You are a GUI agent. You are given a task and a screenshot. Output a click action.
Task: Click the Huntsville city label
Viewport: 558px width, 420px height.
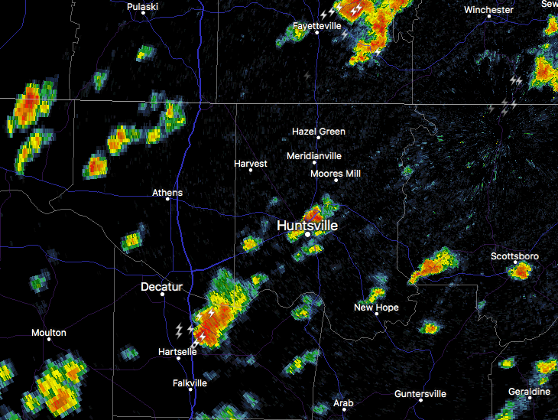307,226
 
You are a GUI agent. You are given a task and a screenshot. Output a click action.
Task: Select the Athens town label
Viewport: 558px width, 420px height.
167,193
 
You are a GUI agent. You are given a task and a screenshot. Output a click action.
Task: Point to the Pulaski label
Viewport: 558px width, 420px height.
142,7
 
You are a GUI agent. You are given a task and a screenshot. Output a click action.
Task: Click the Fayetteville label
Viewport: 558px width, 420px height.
316,25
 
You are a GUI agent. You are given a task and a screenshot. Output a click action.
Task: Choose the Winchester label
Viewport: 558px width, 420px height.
488,10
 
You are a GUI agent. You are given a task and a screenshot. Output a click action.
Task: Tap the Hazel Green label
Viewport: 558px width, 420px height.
319,132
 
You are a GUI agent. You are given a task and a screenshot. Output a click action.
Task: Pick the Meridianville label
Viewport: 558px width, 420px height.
313,155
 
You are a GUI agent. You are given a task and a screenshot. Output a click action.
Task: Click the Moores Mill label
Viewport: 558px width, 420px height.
335,174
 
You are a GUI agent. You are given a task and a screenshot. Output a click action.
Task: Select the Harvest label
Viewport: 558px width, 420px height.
251,164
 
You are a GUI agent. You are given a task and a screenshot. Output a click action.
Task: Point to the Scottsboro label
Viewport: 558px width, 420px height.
514,256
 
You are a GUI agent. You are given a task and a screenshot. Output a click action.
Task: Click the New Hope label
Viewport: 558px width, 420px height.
376,308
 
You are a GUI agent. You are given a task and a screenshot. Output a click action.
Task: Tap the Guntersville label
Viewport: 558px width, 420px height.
420,394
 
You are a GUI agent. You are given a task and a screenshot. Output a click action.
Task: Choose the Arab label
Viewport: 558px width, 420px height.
343,403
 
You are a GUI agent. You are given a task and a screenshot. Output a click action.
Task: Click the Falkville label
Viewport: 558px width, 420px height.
190,383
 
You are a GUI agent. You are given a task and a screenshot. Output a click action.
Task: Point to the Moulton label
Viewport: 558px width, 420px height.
49,333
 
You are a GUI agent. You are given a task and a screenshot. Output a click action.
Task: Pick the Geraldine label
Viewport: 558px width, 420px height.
529,392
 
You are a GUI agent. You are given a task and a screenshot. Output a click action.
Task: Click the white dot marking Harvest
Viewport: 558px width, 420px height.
251,170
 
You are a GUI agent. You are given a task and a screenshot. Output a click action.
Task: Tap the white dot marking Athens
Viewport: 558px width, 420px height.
167,200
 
